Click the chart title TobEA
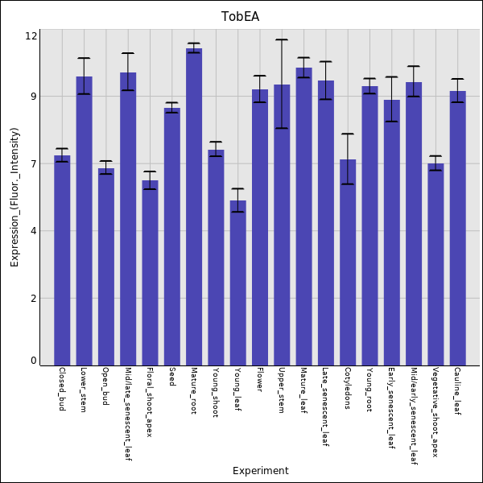pos(241,17)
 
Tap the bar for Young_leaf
pos(238,283)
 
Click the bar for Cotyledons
pos(348,262)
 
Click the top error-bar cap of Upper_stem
pos(282,39)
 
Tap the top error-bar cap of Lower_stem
pos(84,58)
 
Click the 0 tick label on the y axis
pos(34,361)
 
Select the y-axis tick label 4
pos(34,231)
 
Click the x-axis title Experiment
pos(260,471)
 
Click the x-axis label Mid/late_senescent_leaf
pos(128,414)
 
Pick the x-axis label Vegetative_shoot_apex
pos(436,412)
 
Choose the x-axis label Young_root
pos(369,390)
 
